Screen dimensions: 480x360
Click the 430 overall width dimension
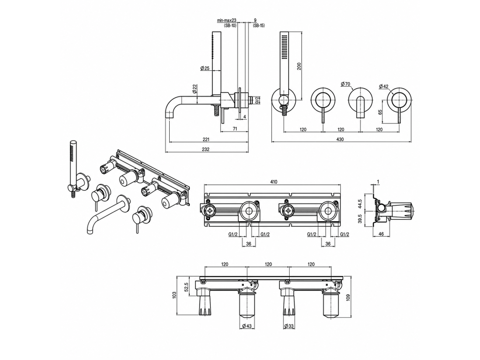(x=340, y=139)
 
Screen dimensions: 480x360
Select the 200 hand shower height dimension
(x=300, y=66)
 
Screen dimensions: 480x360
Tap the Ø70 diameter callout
(x=345, y=84)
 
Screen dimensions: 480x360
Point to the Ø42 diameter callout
(x=383, y=86)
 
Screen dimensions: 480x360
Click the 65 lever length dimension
(x=380, y=112)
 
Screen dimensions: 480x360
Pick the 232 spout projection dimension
(x=206, y=150)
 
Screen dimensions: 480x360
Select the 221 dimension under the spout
(x=206, y=140)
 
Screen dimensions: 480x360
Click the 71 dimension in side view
(x=235, y=129)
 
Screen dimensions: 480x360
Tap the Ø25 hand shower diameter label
(x=205, y=68)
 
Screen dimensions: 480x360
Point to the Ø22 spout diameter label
(x=195, y=89)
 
